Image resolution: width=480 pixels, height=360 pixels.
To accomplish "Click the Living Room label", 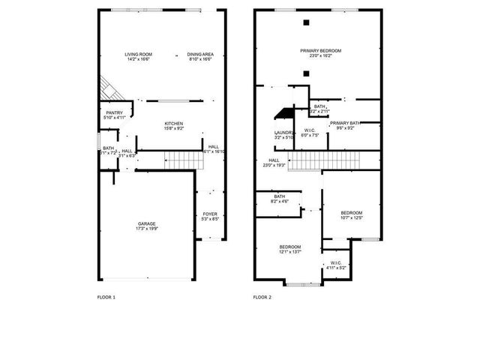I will [x=139, y=54].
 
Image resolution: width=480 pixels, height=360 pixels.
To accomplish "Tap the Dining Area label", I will [x=200, y=54].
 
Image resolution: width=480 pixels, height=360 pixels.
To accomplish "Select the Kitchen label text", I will [x=174, y=124].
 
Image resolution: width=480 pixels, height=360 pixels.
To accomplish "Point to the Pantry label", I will [x=114, y=113].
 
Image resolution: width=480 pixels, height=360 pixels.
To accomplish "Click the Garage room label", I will [x=147, y=224].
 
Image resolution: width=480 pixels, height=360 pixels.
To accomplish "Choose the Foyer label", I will [x=210, y=214].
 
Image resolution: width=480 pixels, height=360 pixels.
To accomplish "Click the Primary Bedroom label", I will [x=316, y=51].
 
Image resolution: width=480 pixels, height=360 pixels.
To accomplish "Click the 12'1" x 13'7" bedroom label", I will [x=290, y=247].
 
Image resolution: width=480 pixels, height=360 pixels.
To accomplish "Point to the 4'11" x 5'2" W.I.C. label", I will [x=336, y=262].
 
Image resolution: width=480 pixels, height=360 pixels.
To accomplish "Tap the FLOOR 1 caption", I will [x=106, y=298].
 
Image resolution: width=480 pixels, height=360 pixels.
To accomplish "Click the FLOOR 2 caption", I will [x=262, y=298].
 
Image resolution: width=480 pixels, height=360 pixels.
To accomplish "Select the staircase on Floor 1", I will [x=180, y=160].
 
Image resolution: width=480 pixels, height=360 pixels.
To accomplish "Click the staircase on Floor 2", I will [x=325, y=160].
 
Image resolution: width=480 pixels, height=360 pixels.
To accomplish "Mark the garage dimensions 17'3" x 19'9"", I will [x=147, y=229].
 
